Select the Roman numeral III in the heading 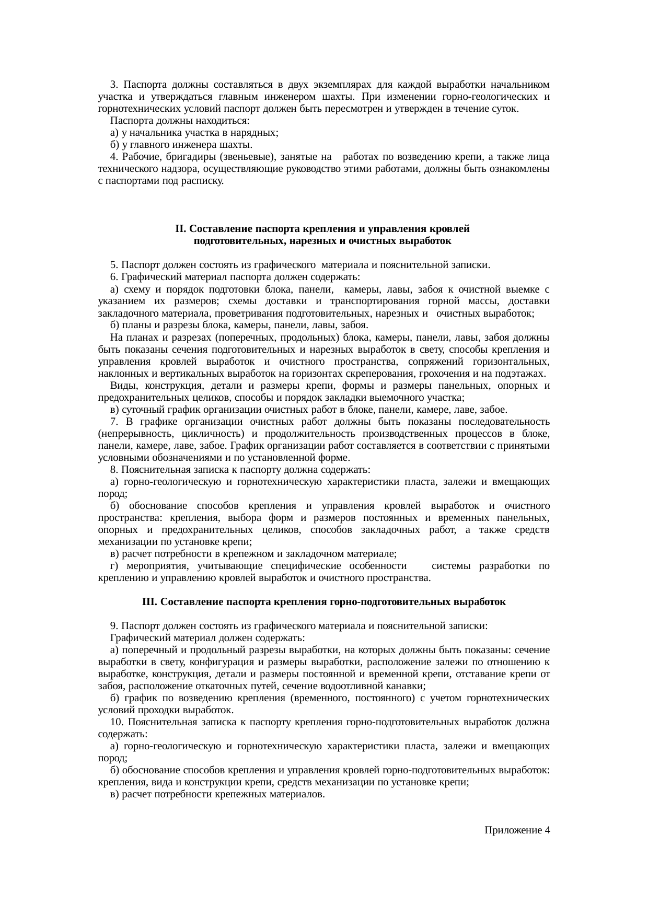click(149, 601)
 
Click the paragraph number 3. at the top click(114, 85)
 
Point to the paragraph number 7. click(114, 422)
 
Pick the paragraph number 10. click(117, 722)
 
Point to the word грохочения click(460, 374)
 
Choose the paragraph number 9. click(114, 625)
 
